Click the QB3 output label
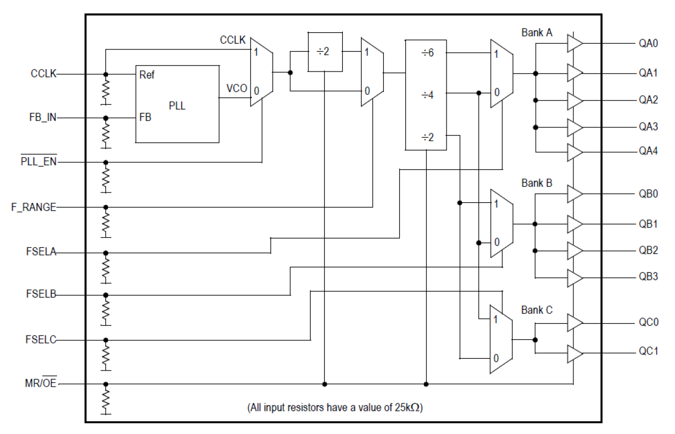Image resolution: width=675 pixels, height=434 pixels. [648, 278]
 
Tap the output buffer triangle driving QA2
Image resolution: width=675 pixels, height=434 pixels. [574, 101]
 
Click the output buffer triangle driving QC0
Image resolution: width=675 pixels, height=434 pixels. [574, 323]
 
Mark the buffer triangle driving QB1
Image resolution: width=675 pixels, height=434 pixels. [574, 223]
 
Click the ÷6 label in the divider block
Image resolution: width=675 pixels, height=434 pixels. [427, 54]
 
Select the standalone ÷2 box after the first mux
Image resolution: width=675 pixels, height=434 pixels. [325, 52]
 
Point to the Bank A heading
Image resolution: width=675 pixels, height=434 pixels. [536, 33]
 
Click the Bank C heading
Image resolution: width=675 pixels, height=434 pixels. [536, 310]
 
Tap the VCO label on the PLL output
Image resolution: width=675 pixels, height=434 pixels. [236, 88]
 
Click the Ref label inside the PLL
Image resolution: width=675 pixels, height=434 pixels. [147, 75]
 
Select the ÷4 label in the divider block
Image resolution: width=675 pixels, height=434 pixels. [427, 95]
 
